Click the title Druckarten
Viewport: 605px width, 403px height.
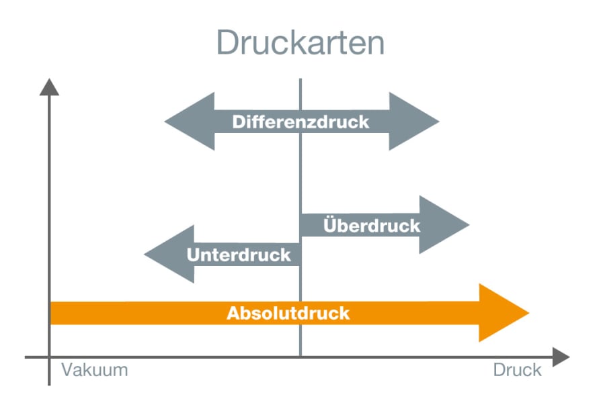(300, 43)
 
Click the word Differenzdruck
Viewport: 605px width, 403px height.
(300, 122)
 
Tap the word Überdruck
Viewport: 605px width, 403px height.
(371, 225)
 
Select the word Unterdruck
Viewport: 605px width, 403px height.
(239, 255)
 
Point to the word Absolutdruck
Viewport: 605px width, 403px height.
(288, 313)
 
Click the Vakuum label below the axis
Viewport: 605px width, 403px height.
(94, 370)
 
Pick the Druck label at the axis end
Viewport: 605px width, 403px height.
(517, 370)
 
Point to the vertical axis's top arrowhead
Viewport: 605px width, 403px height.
(49, 87)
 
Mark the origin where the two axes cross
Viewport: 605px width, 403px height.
(49, 357)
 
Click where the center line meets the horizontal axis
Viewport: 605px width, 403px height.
(300, 357)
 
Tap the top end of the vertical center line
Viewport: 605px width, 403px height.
(300, 80)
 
